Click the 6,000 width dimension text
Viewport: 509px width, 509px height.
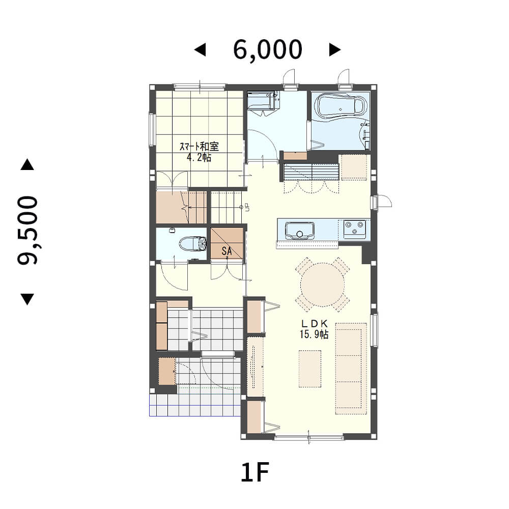coord(268,50)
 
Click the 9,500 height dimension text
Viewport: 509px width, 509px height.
coord(28,230)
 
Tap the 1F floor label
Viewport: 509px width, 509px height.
coord(255,472)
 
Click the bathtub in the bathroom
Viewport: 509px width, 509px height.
coord(340,105)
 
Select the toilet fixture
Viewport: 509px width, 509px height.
coord(193,244)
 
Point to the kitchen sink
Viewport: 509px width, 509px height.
coord(300,231)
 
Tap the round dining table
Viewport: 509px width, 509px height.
coord(322,285)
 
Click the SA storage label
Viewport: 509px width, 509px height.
coord(227,250)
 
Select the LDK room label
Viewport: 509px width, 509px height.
coord(314,323)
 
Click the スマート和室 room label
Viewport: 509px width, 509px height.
coord(200,147)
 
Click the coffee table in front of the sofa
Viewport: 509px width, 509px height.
coord(310,369)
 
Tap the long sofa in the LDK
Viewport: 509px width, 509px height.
coord(351,369)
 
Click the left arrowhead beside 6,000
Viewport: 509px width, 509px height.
coord(200,50)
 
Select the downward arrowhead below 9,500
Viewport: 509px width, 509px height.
coord(27,299)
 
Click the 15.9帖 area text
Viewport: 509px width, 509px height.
coord(314,334)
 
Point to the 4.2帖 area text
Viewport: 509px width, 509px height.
coord(199,157)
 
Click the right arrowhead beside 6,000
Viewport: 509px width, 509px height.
coord(335,50)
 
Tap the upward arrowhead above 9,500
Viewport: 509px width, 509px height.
coord(27,164)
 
